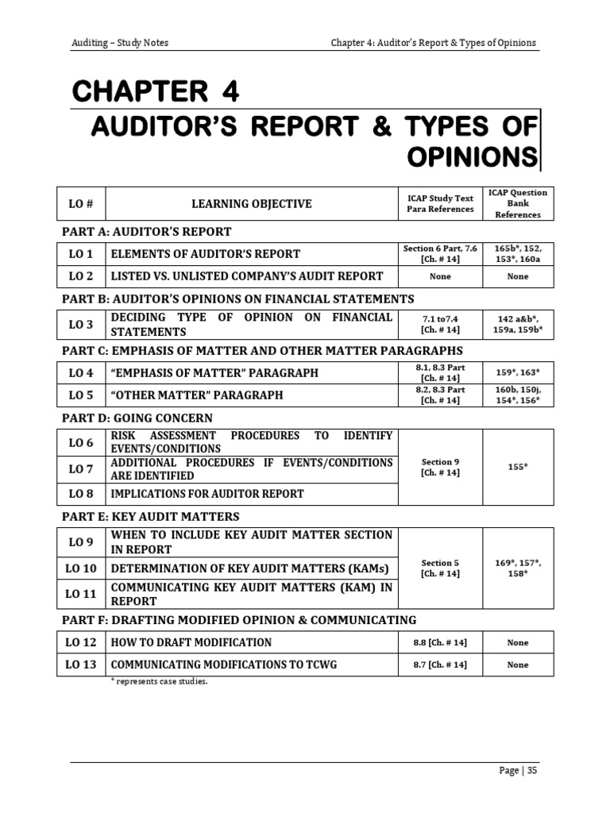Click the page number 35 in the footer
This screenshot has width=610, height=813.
(531, 770)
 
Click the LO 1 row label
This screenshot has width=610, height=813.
(81, 254)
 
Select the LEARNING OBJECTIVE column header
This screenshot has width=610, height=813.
(251, 204)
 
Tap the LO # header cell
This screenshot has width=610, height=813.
(81, 204)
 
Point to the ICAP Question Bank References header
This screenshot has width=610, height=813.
(518, 204)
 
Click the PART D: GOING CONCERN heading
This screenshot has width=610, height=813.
(137, 418)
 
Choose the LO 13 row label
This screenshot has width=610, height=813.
(81, 665)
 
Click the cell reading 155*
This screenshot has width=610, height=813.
(518, 466)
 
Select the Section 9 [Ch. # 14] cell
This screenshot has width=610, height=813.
(440, 467)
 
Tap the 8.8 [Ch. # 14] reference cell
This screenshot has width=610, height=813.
(440, 642)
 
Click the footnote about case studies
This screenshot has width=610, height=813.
(160, 682)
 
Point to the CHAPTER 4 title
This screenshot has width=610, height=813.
(156, 93)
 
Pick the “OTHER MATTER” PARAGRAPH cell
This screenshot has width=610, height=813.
(195, 395)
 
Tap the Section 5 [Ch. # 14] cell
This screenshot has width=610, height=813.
(440, 568)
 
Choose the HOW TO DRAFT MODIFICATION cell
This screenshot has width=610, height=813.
(191, 642)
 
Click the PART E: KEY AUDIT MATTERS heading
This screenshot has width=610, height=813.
(151, 516)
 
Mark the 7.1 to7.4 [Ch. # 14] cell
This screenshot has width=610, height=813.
(440, 323)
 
